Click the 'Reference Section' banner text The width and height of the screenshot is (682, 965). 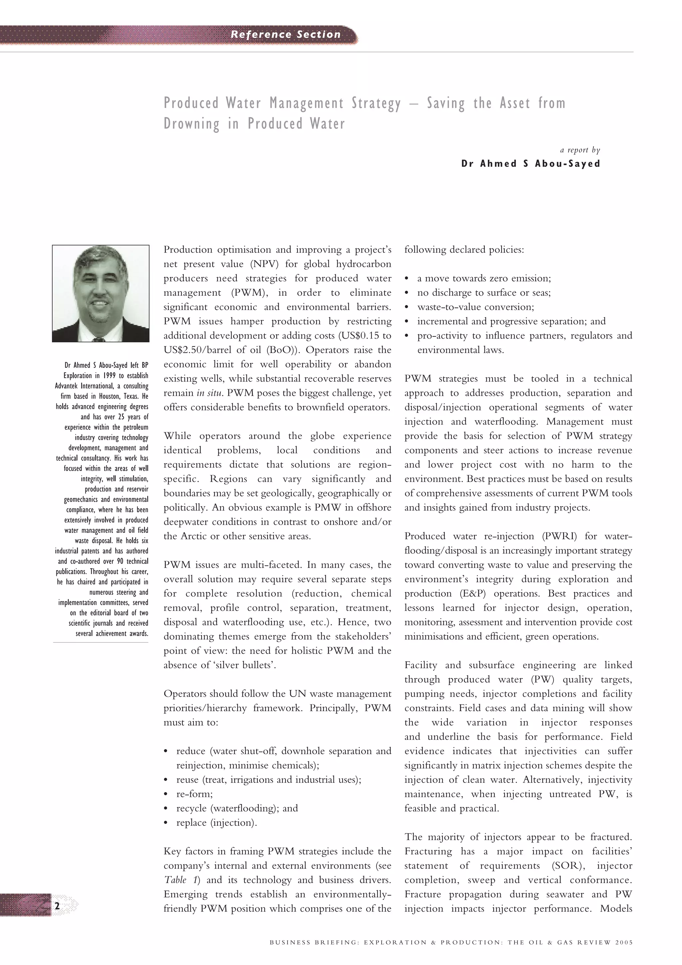[x=285, y=35]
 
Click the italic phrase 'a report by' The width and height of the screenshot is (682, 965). [x=580, y=150]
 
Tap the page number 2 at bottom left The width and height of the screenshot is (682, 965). [x=57, y=906]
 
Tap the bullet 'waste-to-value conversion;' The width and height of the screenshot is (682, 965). [x=475, y=307]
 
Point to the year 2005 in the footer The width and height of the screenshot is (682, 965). [x=624, y=942]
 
